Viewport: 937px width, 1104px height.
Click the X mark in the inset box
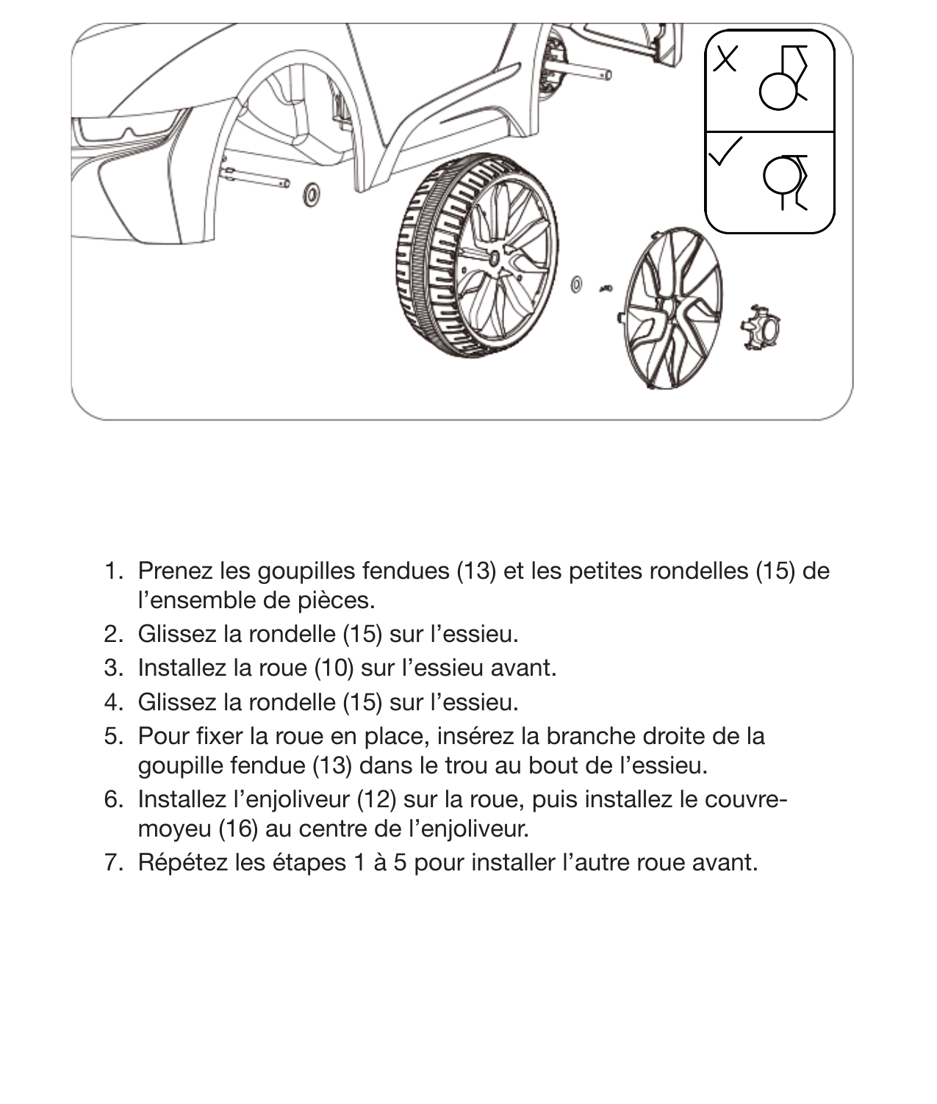725,59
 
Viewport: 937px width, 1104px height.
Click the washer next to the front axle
312,195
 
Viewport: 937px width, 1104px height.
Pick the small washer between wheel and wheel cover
577,284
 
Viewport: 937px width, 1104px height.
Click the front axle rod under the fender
257,177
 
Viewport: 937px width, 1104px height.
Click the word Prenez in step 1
176,571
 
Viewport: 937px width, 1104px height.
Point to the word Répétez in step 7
184,862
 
